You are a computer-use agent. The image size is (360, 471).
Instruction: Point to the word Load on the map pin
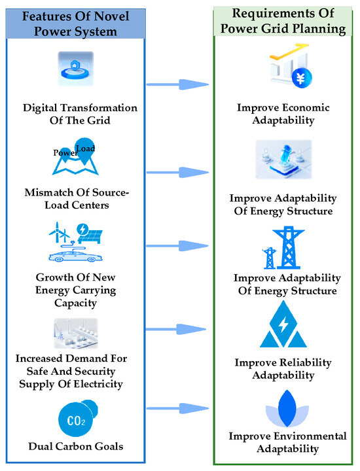[86, 148]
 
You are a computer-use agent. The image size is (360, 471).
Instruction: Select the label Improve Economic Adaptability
[283, 114]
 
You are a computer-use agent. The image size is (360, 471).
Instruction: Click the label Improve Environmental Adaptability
[283, 443]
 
